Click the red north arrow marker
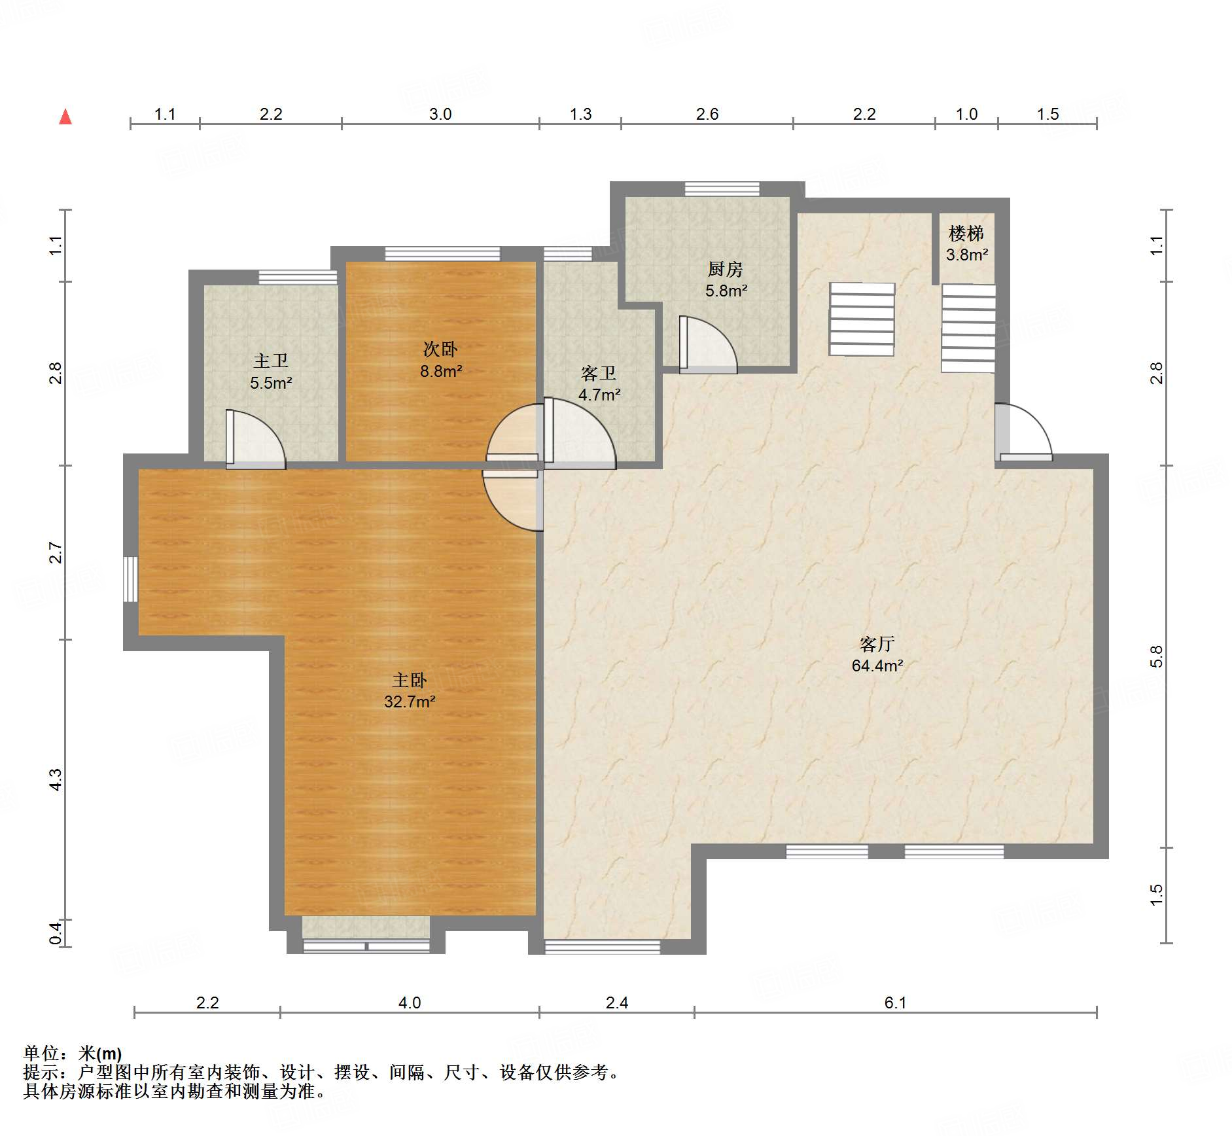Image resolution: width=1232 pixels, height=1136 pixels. click(x=65, y=116)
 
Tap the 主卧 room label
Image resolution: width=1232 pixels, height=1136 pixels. click(x=410, y=681)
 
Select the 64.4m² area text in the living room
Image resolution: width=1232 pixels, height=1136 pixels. click(x=877, y=666)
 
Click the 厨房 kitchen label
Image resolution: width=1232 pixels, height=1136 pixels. click(x=725, y=269)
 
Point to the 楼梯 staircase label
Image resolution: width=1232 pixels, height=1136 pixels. click(x=966, y=233)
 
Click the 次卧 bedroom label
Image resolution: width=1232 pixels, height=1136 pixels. click(x=440, y=349)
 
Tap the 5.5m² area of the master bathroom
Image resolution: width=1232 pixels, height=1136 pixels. click(x=271, y=383)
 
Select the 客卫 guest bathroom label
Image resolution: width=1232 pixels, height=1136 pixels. click(x=599, y=373)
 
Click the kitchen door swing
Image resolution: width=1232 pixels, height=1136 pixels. click(x=709, y=345)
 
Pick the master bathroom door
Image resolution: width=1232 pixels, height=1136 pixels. click(x=256, y=439)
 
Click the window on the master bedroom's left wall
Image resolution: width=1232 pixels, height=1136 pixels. click(x=131, y=579)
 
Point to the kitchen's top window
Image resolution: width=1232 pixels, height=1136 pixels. click(x=722, y=189)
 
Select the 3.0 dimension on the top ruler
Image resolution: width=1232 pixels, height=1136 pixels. click(x=440, y=114)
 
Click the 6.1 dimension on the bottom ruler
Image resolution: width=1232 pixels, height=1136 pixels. click(x=895, y=1003)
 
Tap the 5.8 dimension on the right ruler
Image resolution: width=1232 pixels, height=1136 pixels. click(x=1157, y=656)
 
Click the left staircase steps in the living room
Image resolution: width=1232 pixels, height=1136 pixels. click(x=862, y=319)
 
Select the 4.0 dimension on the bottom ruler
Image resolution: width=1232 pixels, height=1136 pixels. click(x=410, y=1003)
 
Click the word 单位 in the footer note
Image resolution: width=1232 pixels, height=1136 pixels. click(x=41, y=1053)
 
